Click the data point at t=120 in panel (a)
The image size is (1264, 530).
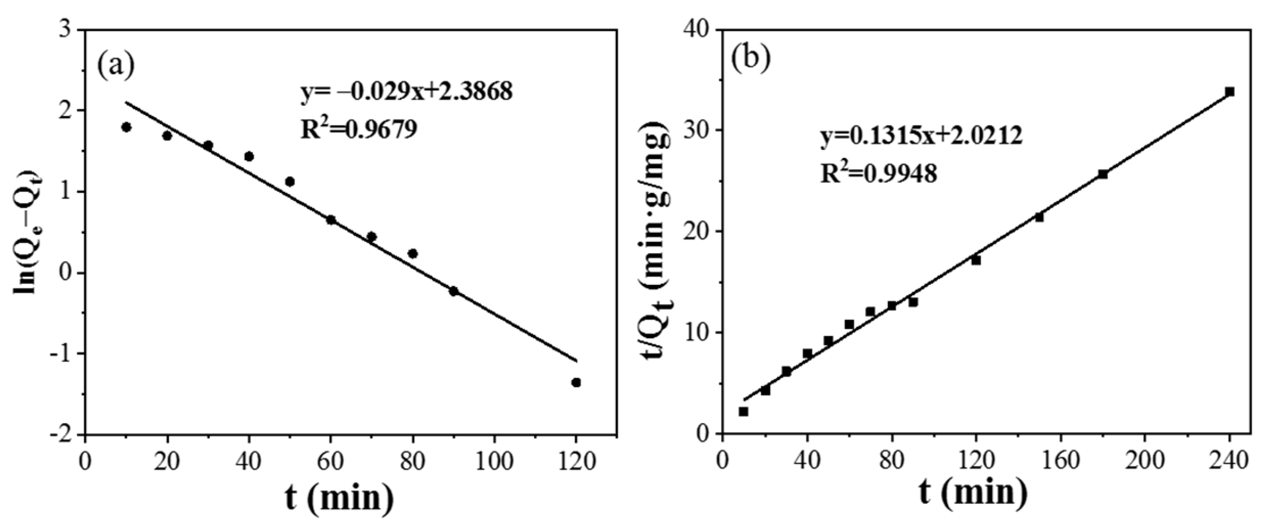click(576, 382)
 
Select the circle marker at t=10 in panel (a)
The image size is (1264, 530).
click(126, 127)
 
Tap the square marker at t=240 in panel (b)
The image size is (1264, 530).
click(1230, 92)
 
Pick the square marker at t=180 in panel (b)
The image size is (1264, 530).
click(1103, 174)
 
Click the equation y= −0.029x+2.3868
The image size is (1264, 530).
click(407, 93)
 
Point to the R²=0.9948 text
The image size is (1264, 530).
click(878, 174)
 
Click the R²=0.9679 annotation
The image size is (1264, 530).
click(358, 129)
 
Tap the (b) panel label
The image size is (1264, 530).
click(750, 59)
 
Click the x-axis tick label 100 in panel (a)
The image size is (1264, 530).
click(494, 462)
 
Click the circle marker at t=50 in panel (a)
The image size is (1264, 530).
click(290, 182)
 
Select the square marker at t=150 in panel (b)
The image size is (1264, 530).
click(1039, 217)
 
